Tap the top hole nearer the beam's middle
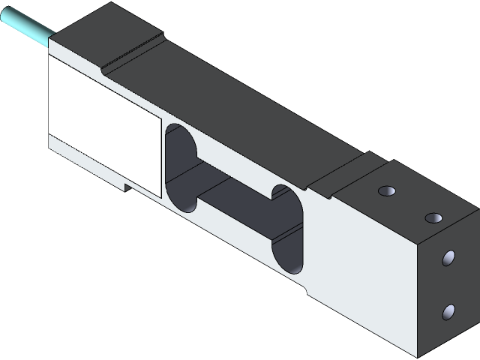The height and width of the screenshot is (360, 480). pos(387,190)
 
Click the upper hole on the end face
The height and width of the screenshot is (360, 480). pos(449,259)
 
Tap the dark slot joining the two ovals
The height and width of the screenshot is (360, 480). pos(235,196)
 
